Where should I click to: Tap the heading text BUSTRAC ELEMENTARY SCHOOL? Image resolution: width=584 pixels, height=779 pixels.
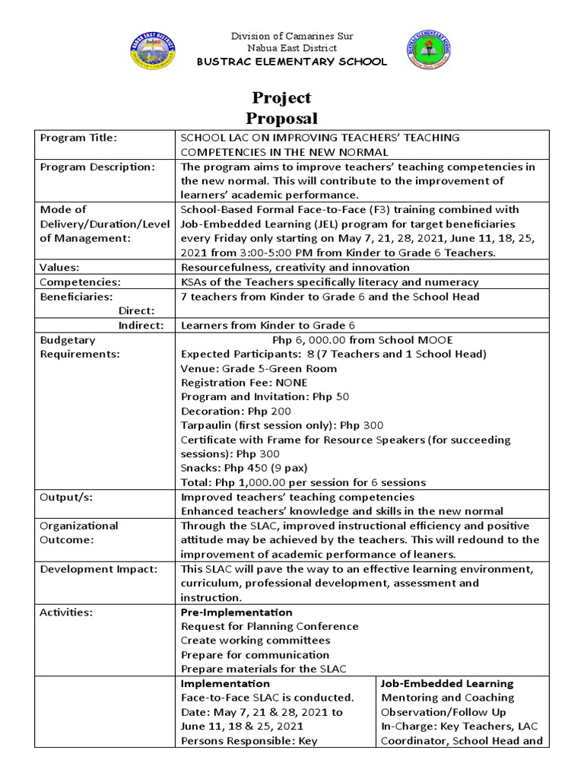(292, 62)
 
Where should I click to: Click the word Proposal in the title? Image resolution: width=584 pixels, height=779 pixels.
(281, 118)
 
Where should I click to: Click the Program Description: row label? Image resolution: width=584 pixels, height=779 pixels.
(97, 167)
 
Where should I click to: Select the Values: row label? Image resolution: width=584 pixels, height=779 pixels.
(60, 267)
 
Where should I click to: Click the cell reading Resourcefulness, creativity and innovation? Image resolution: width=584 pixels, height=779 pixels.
(295, 267)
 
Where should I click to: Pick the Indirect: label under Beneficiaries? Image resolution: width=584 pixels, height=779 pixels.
(142, 325)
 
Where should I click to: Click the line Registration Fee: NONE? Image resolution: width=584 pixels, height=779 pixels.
(243, 383)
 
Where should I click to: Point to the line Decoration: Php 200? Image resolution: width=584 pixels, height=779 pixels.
(234, 412)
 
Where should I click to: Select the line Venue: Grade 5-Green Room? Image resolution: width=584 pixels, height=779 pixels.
(259, 368)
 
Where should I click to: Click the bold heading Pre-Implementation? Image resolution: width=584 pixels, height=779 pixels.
(236, 612)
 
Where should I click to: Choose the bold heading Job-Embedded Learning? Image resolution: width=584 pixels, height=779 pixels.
(447, 683)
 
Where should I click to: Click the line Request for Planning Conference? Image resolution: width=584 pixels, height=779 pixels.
(269, 626)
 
